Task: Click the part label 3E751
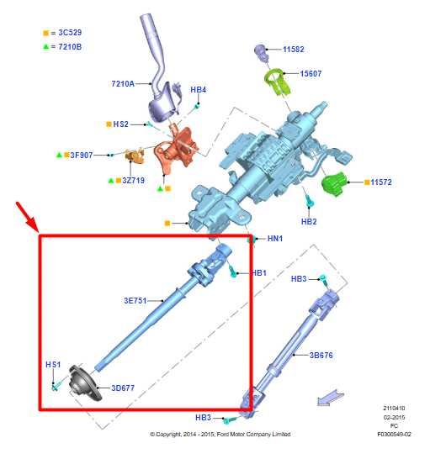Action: click(136, 299)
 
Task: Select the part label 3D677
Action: click(124, 388)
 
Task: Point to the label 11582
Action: click(294, 50)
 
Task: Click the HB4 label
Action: click(199, 89)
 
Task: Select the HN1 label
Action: click(276, 240)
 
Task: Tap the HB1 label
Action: click(259, 273)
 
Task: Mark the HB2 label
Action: click(309, 221)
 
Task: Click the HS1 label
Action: click(53, 364)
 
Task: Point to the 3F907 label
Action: click(81, 156)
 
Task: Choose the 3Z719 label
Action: click(133, 180)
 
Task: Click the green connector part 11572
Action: click(339, 180)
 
